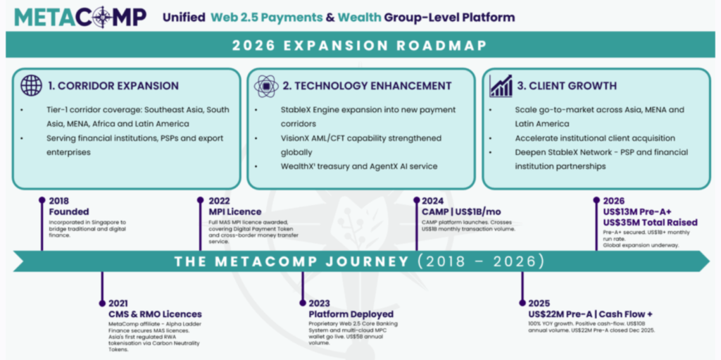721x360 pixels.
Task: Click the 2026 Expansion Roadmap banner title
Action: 360,46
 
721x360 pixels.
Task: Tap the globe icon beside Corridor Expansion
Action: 31,85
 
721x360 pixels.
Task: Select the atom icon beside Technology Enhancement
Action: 266,85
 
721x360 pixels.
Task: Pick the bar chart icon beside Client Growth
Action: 501,86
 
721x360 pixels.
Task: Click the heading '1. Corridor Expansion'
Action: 113,86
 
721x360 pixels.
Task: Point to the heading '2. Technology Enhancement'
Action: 367,86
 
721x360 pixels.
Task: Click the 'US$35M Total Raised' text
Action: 655,223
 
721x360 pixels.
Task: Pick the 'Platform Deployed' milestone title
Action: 351,314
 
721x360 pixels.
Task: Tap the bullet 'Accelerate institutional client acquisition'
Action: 594,138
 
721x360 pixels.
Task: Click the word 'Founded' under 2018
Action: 69,211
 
